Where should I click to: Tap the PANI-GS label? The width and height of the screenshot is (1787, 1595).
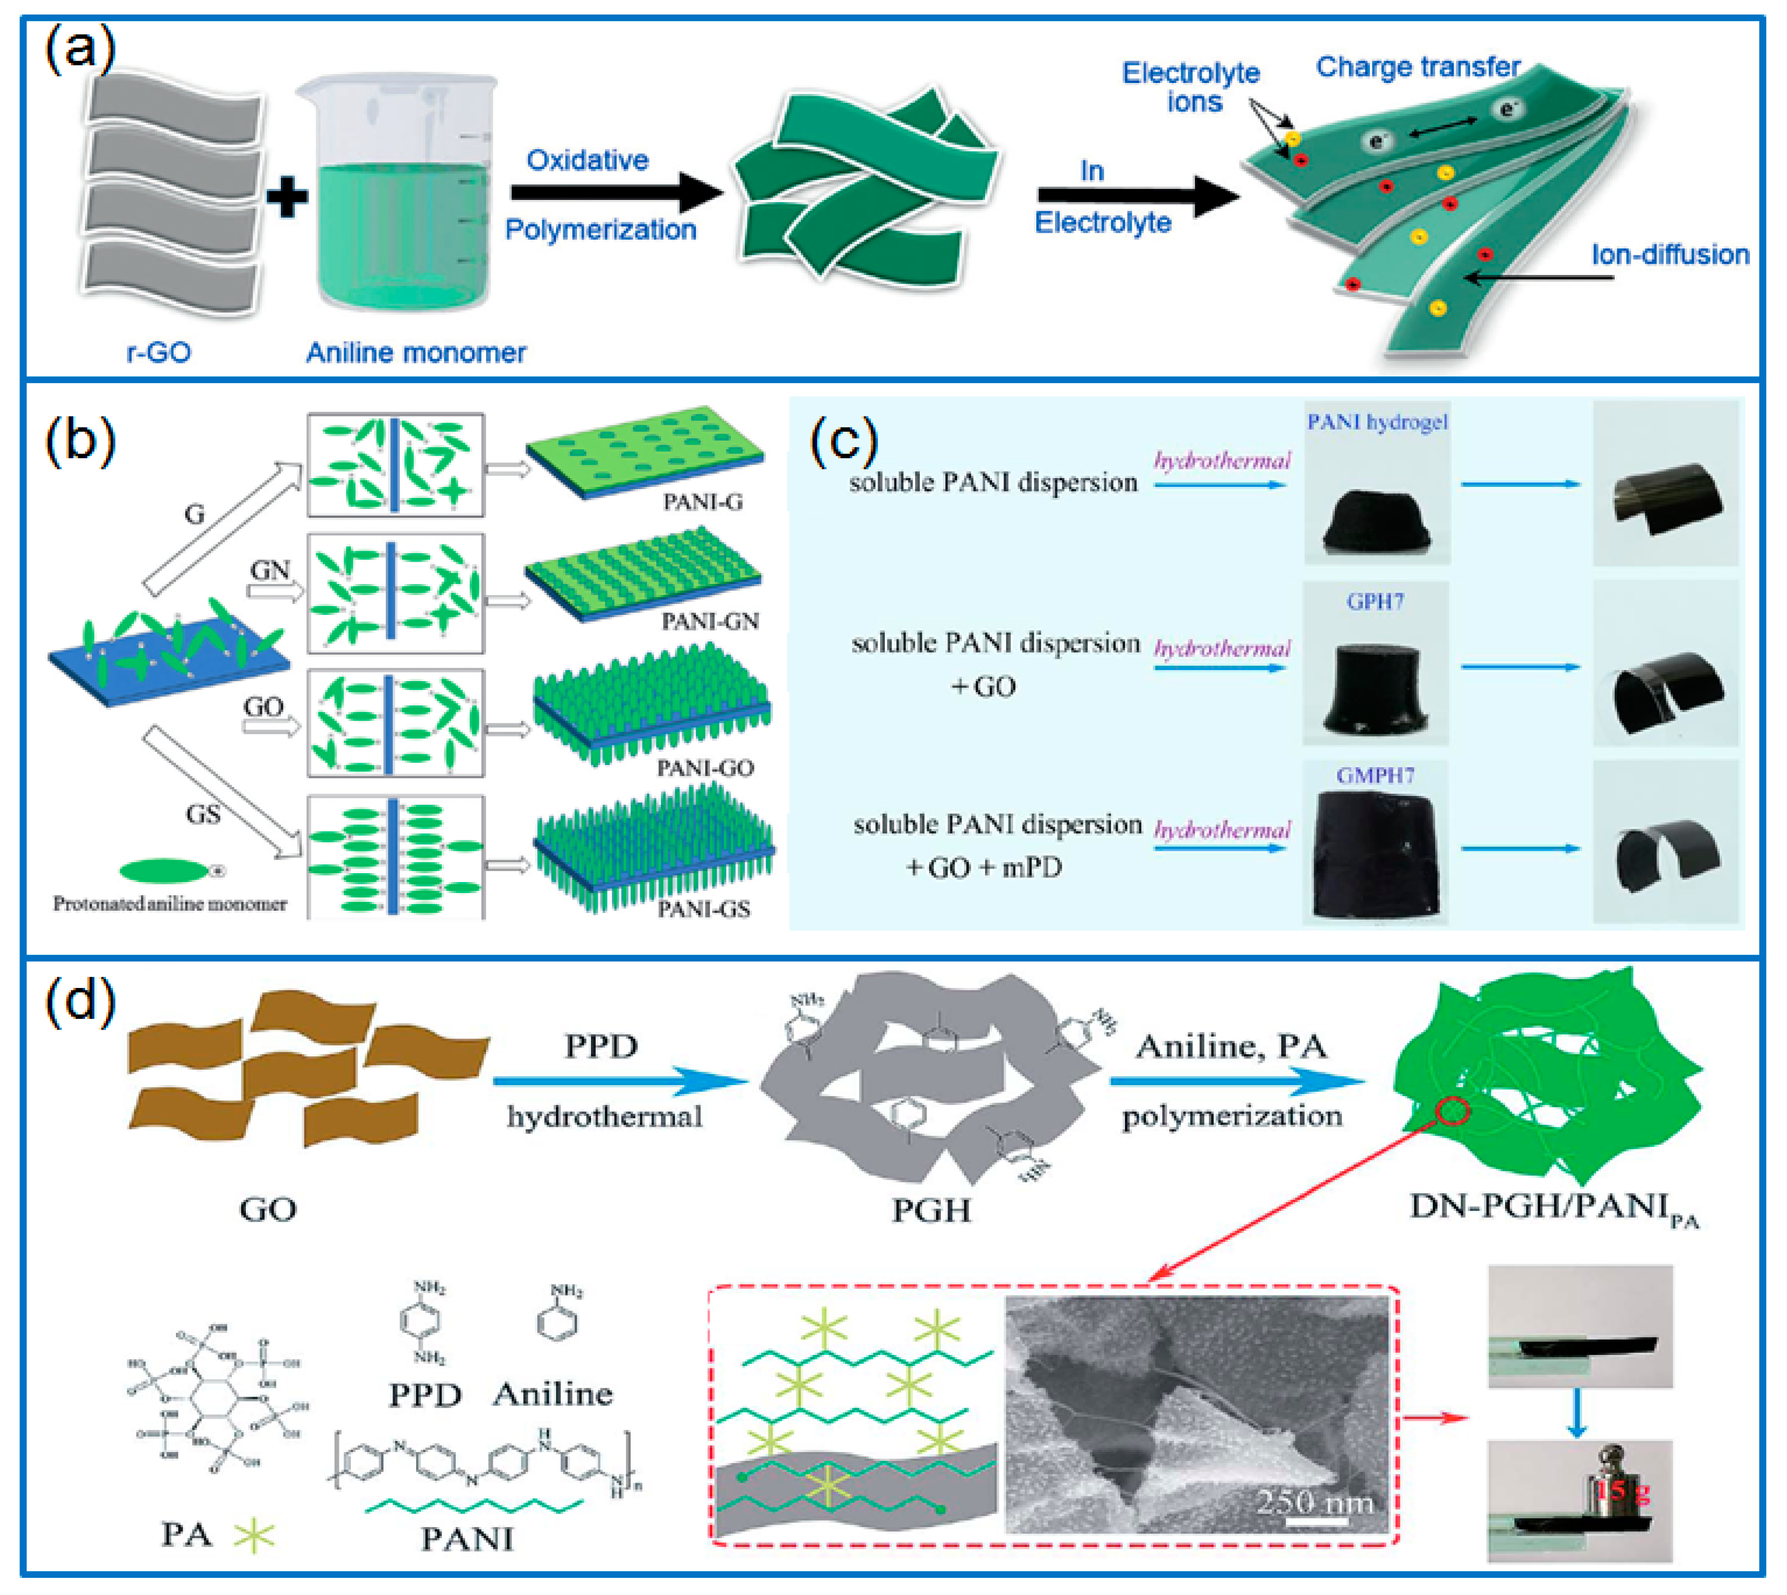704,909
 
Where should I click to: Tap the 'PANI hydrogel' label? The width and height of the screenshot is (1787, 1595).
1377,422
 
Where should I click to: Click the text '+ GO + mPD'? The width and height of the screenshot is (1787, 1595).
984,867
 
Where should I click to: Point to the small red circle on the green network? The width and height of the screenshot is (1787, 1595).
1452,1111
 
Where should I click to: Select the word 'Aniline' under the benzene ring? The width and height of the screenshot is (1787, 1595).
552,1394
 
